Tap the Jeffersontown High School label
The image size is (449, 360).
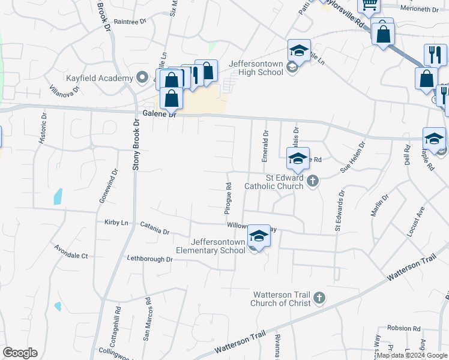coord(256,68)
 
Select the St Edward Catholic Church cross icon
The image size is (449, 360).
coord(312,181)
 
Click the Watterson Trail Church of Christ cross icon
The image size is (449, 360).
coord(319,298)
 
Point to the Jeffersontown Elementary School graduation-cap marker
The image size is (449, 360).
coord(259,236)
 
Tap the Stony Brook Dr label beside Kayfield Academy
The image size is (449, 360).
coord(136,144)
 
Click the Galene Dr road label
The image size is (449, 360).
coord(160,114)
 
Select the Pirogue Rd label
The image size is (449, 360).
coord(228,199)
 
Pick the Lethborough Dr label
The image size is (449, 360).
coord(149,259)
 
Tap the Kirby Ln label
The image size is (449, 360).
coord(116,223)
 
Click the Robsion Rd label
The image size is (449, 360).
coord(403,328)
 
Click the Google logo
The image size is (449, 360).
coord(20,353)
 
